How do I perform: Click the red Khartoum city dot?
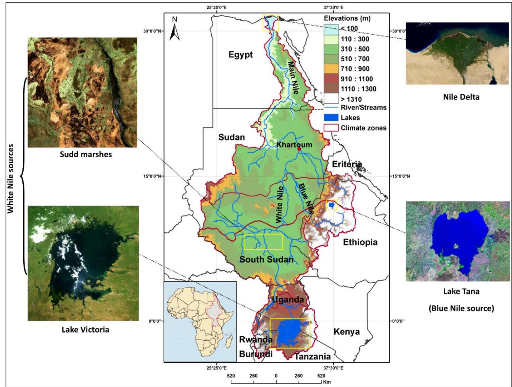(299, 149)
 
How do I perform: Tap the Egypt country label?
(241, 54)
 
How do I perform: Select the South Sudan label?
(266, 259)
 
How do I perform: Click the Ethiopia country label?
(360, 242)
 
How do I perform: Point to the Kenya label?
(346, 332)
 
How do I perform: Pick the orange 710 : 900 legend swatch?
(331, 69)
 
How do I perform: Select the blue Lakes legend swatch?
(331, 118)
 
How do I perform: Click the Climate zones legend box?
(331, 128)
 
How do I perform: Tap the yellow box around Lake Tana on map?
(332, 205)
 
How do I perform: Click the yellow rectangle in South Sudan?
(263, 242)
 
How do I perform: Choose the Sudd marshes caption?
(86, 154)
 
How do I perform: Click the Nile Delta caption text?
(461, 97)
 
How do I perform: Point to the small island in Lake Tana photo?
(455, 246)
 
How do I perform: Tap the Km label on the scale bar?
(327, 382)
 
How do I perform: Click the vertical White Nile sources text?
(11, 179)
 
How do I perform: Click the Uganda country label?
(288, 299)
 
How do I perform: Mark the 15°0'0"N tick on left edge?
(152, 176)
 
